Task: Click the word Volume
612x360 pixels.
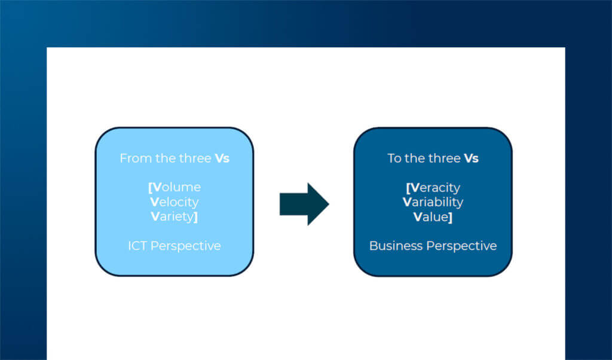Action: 176,187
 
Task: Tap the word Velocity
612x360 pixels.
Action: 175,202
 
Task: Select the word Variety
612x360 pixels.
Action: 173,216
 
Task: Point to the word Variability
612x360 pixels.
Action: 433,202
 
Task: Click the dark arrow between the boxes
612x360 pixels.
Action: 304,204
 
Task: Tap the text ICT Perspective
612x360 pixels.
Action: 174,246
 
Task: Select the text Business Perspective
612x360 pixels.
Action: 433,246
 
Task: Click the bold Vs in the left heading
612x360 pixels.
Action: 221,158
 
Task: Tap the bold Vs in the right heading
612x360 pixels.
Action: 471,158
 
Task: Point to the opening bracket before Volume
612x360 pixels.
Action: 150,188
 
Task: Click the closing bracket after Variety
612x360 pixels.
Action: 196,216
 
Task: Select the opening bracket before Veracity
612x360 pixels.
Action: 408,188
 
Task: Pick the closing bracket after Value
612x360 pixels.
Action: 450,216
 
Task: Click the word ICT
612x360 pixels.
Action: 137,246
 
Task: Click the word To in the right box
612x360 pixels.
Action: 394,158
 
